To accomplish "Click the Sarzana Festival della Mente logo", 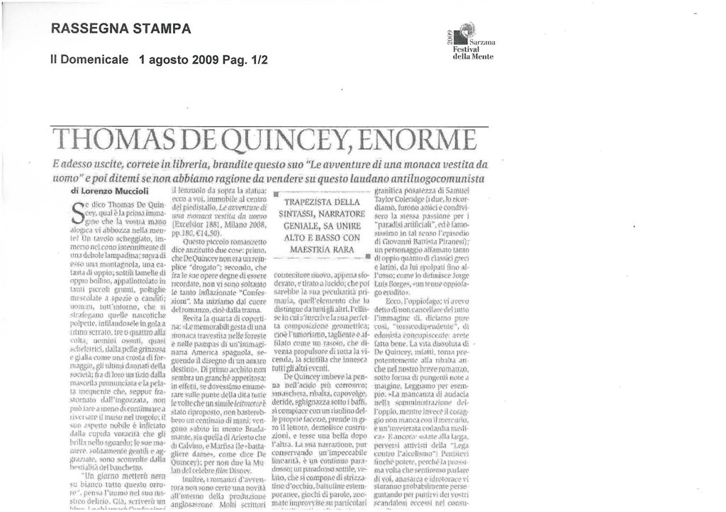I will (x=467, y=43).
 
